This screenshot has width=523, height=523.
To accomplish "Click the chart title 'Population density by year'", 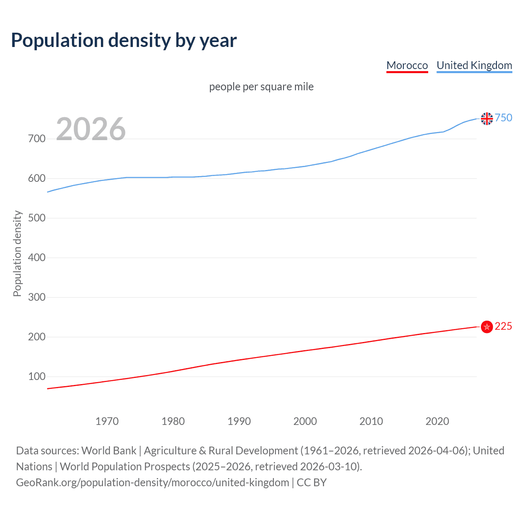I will (124, 40).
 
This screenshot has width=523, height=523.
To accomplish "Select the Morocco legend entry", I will (407, 65).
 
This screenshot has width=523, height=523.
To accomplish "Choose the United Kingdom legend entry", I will (474, 65).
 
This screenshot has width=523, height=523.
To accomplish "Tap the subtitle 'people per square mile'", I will (261, 87).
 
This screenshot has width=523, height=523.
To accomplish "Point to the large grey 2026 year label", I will (91, 130).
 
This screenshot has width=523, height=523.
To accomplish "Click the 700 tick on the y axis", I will (37, 139).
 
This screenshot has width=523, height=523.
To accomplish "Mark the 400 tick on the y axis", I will (37, 258).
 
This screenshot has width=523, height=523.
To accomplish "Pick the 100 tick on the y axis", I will (37, 377).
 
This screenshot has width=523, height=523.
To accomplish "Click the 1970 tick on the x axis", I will (107, 421).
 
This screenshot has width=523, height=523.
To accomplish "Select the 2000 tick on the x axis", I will (305, 421).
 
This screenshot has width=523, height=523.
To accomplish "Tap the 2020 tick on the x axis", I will (437, 421).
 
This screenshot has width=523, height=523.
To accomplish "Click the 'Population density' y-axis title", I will (17, 253).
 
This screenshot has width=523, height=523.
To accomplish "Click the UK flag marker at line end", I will (487, 118).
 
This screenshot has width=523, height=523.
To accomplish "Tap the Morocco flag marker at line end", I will (487, 327).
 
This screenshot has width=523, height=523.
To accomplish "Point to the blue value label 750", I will (503, 118).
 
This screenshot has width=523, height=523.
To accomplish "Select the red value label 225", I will (503, 326).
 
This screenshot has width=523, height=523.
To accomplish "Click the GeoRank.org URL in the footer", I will (152, 483).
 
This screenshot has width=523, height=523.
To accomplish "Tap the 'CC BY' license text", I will (312, 483).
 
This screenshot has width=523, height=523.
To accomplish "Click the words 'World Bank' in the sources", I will (109, 451).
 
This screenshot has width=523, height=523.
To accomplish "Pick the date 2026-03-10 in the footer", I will (330, 467).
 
